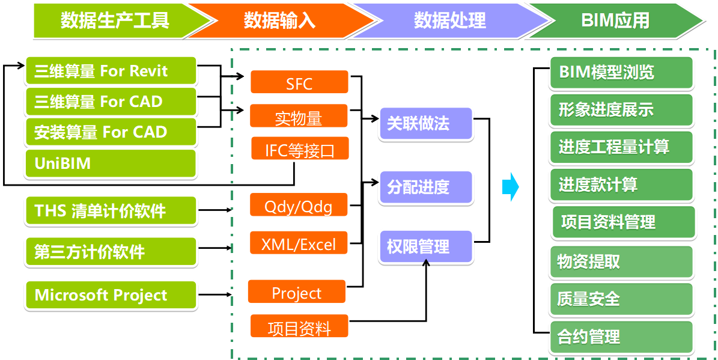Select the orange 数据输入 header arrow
[x=279, y=20]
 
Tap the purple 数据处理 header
[x=449, y=20]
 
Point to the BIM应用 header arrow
[x=616, y=20]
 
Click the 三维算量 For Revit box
[x=111, y=71]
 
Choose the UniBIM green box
[x=111, y=163]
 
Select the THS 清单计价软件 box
[x=111, y=211]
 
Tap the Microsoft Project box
[x=111, y=296]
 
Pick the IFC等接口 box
[x=300, y=148]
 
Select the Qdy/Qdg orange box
[x=299, y=205]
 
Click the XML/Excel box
[x=299, y=243]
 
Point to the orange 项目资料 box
[x=299, y=326]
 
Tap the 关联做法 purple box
[x=426, y=124]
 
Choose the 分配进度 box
[x=426, y=188]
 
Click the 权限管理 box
[x=426, y=247]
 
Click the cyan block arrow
[x=511, y=187]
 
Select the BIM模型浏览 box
[x=621, y=73]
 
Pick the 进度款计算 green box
[x=621, y=185]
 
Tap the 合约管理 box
[x=621, y=337]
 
